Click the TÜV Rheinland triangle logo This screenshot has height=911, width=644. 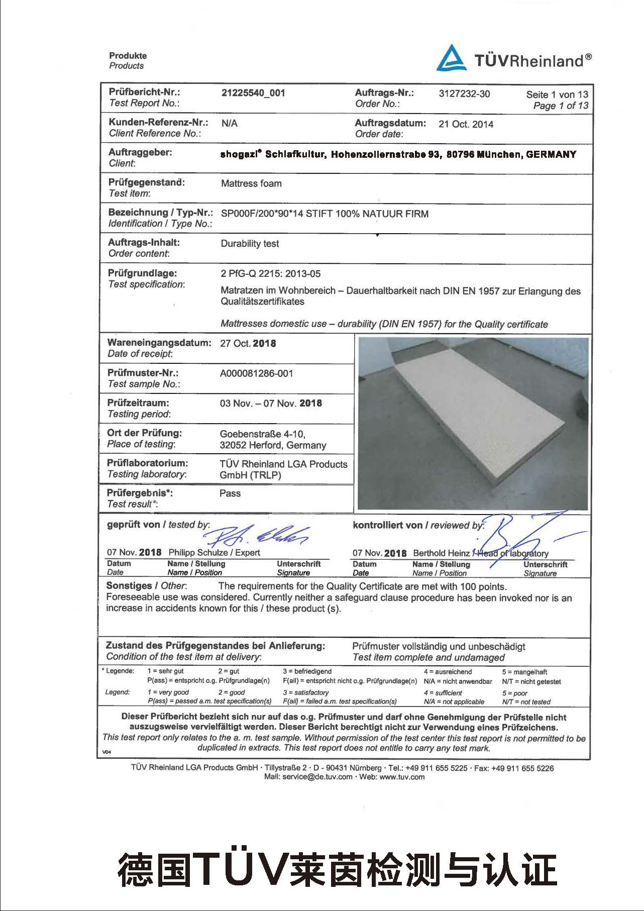coord(451,58)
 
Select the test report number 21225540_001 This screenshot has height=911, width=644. coord(253,93)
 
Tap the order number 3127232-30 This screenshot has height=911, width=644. coord(464,94)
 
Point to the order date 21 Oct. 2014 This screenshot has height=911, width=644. coord(466,124)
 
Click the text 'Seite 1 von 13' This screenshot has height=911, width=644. coord(557,94)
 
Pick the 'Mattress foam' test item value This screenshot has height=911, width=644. coord(251,183)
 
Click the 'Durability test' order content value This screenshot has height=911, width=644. coord(250,244)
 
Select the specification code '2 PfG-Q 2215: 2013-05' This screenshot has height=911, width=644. coord(270,274)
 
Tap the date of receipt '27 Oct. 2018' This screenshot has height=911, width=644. coord(248,344)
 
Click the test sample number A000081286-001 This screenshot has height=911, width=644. coord(256,373)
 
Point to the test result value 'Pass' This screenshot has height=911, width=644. coord(230,493)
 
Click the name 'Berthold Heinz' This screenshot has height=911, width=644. coord(441,553)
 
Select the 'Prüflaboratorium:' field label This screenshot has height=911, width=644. coord(147,463)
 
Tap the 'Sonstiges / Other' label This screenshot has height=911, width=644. coord(146,586)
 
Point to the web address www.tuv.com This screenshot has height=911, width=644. coord(402,777)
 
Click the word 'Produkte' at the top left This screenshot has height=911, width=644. coord(128,56)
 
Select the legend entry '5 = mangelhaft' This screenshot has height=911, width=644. coord(524,672)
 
